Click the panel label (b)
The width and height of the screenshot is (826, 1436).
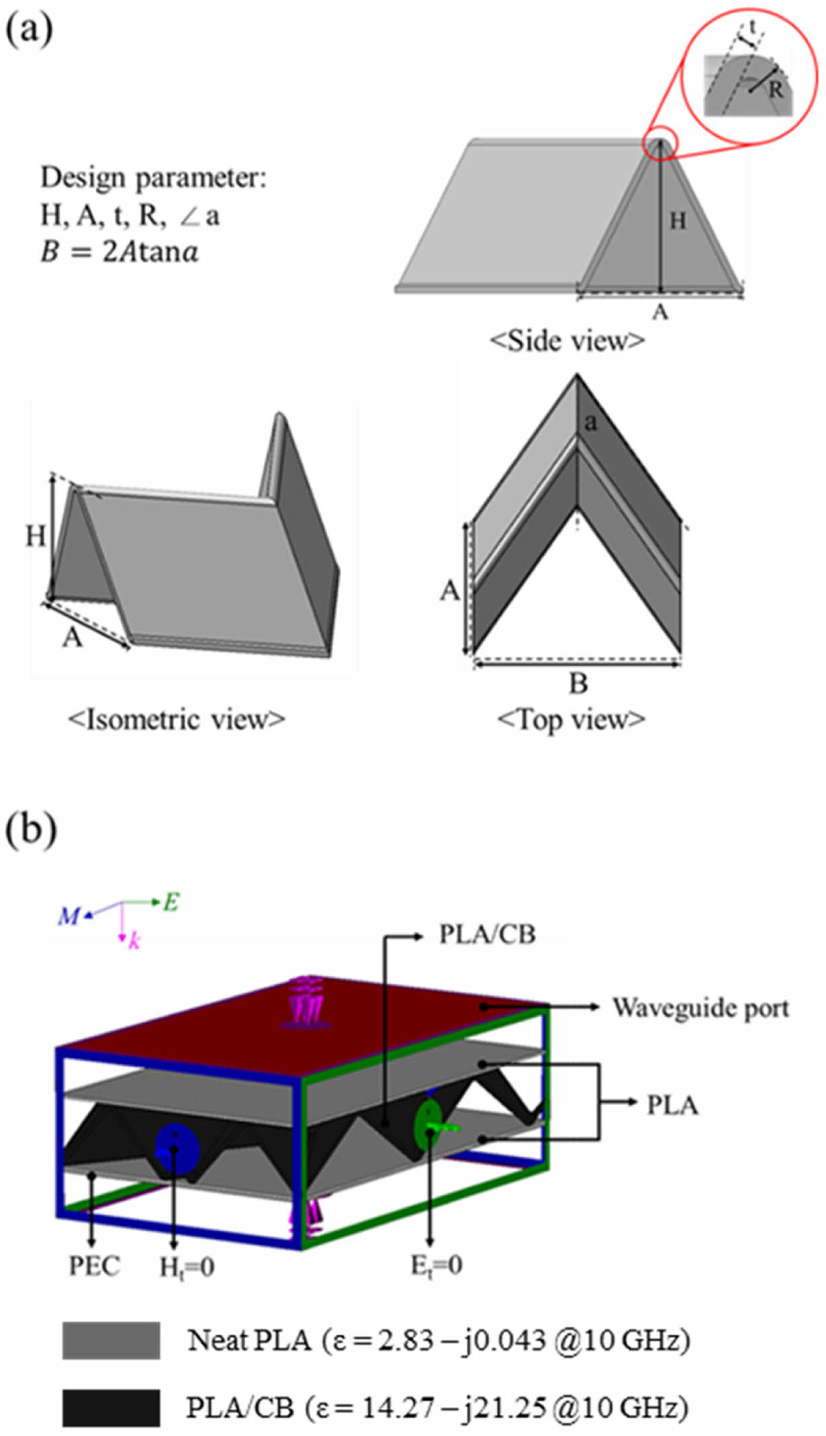tap(31, 832)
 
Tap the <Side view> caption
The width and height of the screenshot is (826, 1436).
tap(567, 341)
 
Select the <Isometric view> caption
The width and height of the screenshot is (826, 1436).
tap(176, 720)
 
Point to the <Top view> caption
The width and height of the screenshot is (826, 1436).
tap(571, 720)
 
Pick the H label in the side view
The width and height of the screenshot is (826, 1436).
tap(677, 221)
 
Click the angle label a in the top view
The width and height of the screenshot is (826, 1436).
tap(591, 422)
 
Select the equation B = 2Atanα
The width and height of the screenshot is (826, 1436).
tap(119, 252)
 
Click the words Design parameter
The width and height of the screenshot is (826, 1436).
tap(153, 178)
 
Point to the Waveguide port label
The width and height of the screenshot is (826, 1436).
tap(700, 1008)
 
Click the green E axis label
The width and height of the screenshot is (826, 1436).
tap(171, 902)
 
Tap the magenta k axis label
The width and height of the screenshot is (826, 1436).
tap(135, 941)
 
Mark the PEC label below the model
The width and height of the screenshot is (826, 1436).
tap(94, 1266)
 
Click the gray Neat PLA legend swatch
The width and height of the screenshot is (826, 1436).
tap(111, 1340)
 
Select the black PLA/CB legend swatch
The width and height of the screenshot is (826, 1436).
tap(111, 1408)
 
